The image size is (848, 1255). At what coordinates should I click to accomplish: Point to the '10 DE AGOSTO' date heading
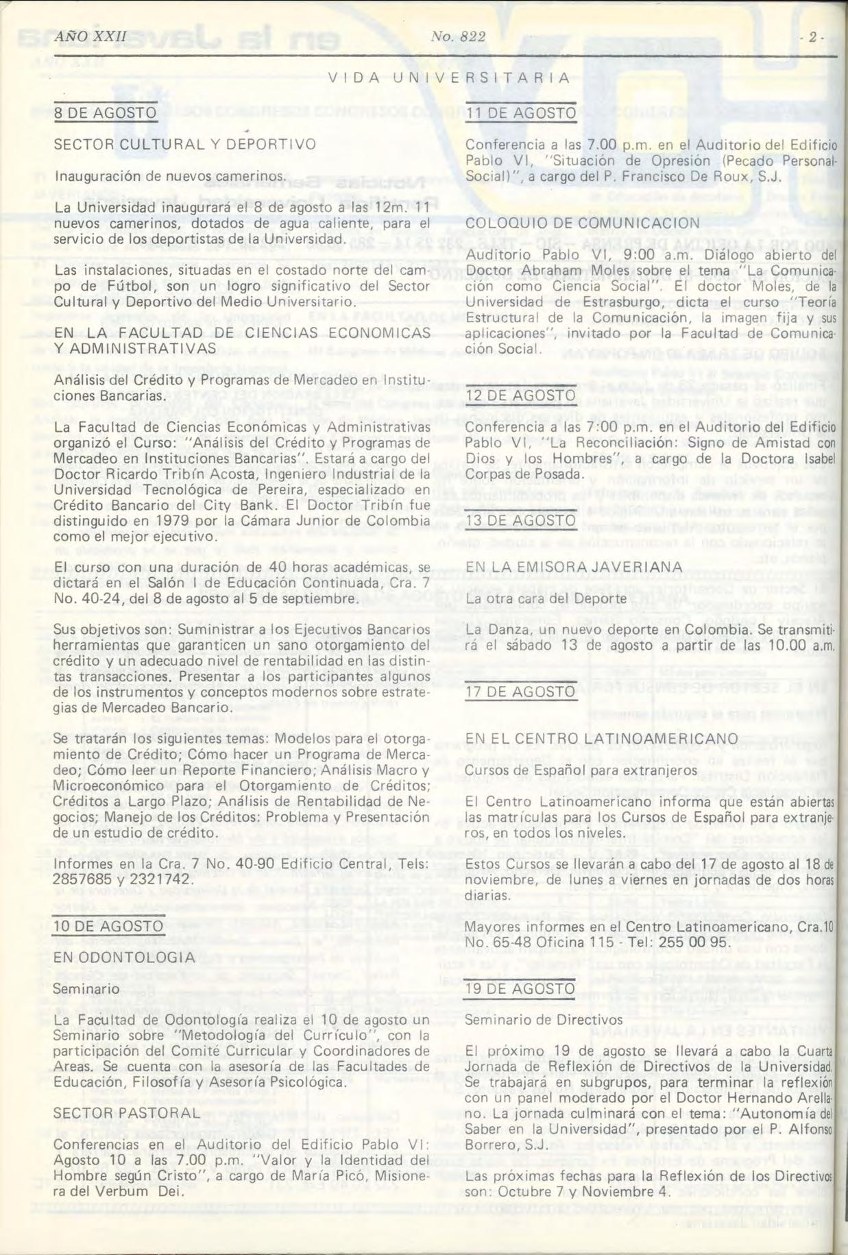point(108,926)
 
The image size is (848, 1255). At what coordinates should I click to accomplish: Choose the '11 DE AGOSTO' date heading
point(520,112)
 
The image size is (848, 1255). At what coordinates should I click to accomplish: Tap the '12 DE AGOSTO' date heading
point(520,395)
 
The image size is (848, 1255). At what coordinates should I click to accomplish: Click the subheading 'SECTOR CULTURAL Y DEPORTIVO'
point(184,145)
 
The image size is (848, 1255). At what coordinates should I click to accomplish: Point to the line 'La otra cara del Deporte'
point(546,598)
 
